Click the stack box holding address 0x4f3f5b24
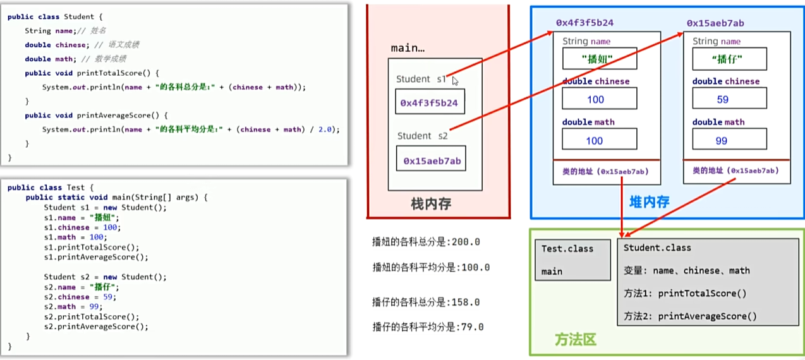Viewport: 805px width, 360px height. pyautogui.click(x=430, y=102)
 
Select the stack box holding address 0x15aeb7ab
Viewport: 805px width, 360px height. pyautogui.click(x=432, y=161)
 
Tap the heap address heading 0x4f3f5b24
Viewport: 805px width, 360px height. pyautogui.click(x=584, y=23)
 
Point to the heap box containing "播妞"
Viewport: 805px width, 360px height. pyautogui.click(x=600, y=59)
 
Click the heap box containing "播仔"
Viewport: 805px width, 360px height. pyautogui.click(x=729, y=59)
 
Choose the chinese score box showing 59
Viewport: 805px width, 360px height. pyautogui.click(x=729, y=99)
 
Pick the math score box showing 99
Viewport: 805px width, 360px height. pyautogui.click(x=729, y=141)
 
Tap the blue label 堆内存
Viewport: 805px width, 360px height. pyautogui.click(x=649, y=201)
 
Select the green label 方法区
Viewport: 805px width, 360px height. pyautogui.click(x=576, y=340)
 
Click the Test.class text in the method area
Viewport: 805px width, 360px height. pyautogui.click(x=567, y=249)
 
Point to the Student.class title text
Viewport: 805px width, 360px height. pyautogui.click(x=657, y=248)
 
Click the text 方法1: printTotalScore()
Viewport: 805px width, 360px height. pyautogui.click(x=685, y=293)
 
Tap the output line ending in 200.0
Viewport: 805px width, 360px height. pyautogui.click(x=426, y=242)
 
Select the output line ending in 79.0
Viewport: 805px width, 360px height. pyautogui.click(x=428, y=327)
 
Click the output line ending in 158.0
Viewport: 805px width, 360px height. pyautogui.click(x=426, y=302)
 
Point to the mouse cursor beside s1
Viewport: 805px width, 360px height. pyautogui.click(x=455, y=80)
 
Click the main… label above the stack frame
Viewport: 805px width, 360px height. pyautogui.click(x=408, y=48)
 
